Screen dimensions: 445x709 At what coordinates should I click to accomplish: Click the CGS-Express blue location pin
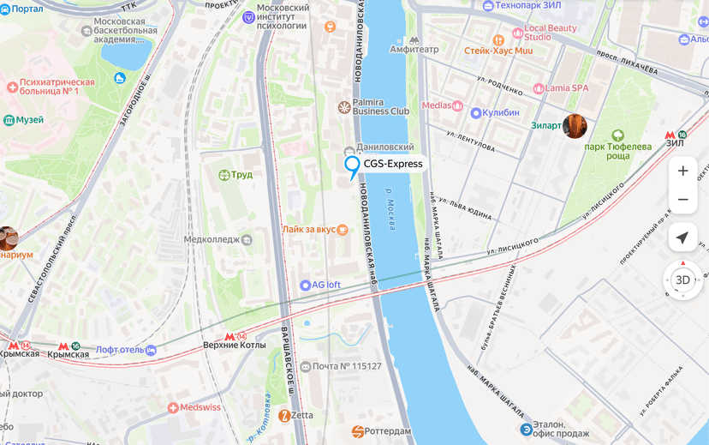(x=351, y=165)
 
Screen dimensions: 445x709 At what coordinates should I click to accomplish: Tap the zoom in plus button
(x=682, y=171)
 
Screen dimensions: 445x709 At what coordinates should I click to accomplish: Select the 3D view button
(x=682, y=280)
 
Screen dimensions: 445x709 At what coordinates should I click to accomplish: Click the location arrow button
(x=682, y=238)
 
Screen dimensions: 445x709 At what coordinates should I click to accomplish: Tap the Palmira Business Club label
(x=381, y=106)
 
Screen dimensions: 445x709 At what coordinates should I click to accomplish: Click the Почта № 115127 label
(x=347, y=366)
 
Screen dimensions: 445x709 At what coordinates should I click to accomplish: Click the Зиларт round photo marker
(x=575, y=126)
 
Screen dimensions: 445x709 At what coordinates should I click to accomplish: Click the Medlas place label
(x=437, y=105)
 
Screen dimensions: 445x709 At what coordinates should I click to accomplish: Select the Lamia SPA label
(x=567, y=87)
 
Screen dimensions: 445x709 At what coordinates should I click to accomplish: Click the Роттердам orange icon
(x=358, y=430)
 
